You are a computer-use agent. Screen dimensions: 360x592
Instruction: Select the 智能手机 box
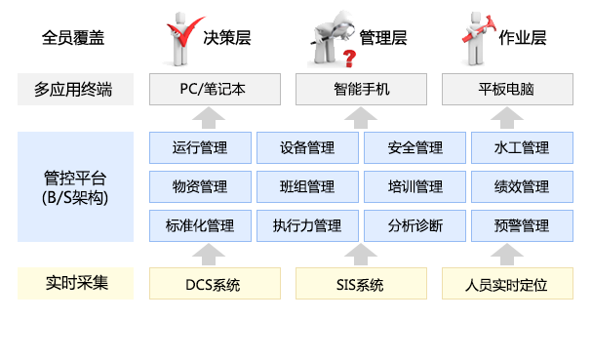tap(360, 90)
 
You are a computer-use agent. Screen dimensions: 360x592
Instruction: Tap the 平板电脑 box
tap(506, 90)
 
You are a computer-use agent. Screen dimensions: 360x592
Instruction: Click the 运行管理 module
tap(199, 148)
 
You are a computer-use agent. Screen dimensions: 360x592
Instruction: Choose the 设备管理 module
tap(306, 148)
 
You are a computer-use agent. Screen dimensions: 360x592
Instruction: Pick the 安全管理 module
tap(414, 148)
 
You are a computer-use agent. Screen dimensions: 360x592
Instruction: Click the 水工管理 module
tap(522, 148)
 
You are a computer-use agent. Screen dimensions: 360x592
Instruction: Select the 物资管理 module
tap(199, 186)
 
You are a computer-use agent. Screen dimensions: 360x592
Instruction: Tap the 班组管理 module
tap(306, 186)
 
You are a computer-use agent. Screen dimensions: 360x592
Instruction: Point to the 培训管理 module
tap(414, 186)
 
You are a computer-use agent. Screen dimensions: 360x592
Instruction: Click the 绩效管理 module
tap(522, 186)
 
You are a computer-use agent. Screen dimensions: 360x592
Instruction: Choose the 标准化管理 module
tap(199, 225)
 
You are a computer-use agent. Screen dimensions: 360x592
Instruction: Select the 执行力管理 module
tap(306, 225)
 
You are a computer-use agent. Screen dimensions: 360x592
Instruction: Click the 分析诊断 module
tap(414, 225)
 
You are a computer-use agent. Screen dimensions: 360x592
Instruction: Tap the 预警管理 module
tap(522, 225)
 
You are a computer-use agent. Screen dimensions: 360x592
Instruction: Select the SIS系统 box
tap(360, 285)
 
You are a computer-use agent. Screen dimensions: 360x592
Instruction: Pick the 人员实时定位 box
tap(506, 285)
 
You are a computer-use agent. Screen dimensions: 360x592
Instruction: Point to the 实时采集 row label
tap(77, 284)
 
